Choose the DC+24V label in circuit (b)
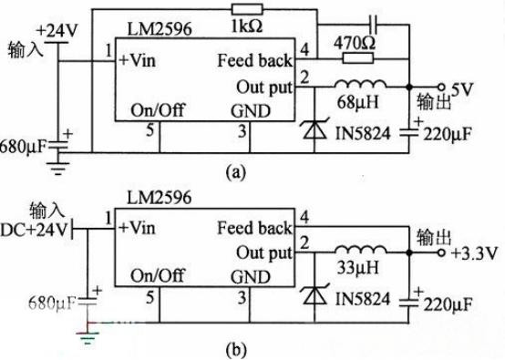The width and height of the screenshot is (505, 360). [34, 227]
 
